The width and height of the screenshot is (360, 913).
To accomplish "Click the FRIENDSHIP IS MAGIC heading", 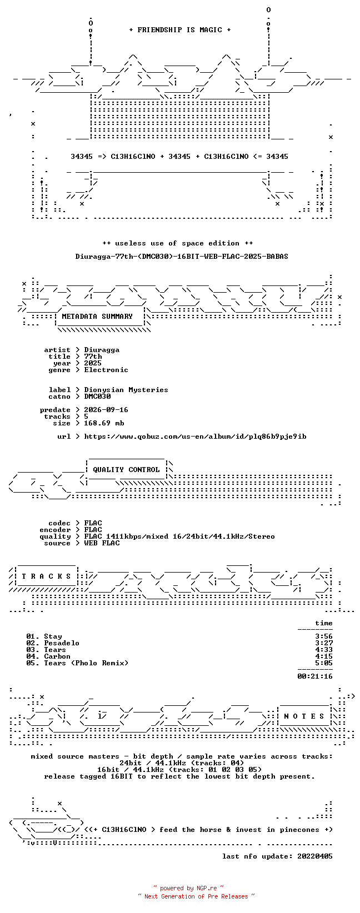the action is [180, 30].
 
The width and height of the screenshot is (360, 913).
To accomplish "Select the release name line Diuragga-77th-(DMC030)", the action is [182, 257].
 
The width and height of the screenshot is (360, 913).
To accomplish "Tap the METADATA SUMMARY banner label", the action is [97, 317].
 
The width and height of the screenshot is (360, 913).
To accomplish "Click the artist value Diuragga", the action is [102, 350].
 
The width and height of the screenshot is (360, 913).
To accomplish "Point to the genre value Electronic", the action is [106, 370].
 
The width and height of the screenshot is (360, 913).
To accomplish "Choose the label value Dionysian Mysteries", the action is [126, 390].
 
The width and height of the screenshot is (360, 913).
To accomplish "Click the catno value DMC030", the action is [97, 397].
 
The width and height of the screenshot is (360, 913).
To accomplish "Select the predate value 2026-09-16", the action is [106, 410].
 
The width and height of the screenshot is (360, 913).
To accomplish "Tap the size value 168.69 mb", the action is [104, 423].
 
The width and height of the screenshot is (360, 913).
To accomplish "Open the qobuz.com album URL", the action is [196, 437].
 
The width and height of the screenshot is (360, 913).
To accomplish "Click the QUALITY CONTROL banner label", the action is [126, 469].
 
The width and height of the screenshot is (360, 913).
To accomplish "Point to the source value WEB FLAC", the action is [102, 543].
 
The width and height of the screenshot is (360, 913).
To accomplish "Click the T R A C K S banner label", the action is [46, 576].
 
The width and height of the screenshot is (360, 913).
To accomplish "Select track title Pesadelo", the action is [62, 643].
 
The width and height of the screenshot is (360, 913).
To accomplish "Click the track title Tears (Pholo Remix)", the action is [86, 663].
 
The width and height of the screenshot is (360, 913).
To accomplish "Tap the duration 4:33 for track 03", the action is [324, 650].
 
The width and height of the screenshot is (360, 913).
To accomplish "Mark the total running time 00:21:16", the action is [315, 676].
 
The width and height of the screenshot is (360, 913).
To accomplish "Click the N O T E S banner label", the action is [304, 716].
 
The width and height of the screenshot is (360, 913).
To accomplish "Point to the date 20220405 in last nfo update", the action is [315, 856].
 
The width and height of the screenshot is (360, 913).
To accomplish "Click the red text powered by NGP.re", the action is [188, 888].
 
